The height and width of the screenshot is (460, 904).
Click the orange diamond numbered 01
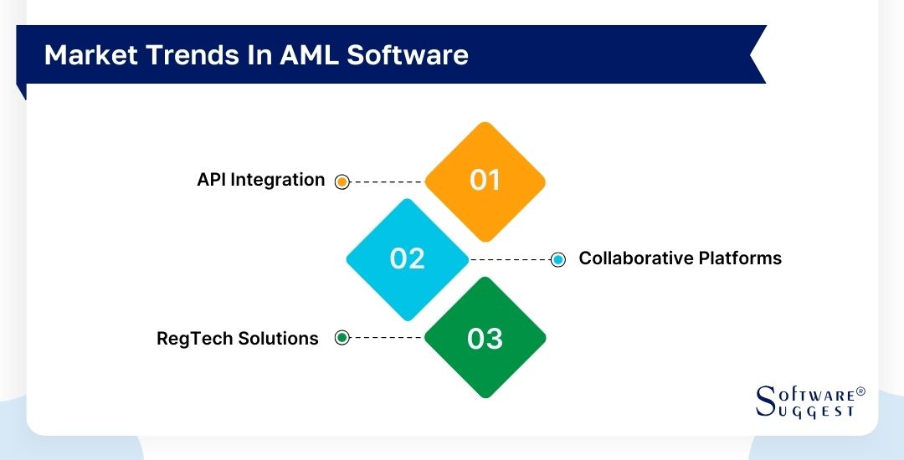(485, 181)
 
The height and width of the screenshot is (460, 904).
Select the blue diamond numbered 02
(408, 258)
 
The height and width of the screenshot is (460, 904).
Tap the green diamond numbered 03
(485, 338)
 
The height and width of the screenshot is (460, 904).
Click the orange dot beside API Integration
(342, 181)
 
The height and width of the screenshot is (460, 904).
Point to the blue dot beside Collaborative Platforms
(558, 259)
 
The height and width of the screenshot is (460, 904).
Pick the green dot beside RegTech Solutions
(342, 338)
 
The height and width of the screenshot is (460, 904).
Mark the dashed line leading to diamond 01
(387, 181)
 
